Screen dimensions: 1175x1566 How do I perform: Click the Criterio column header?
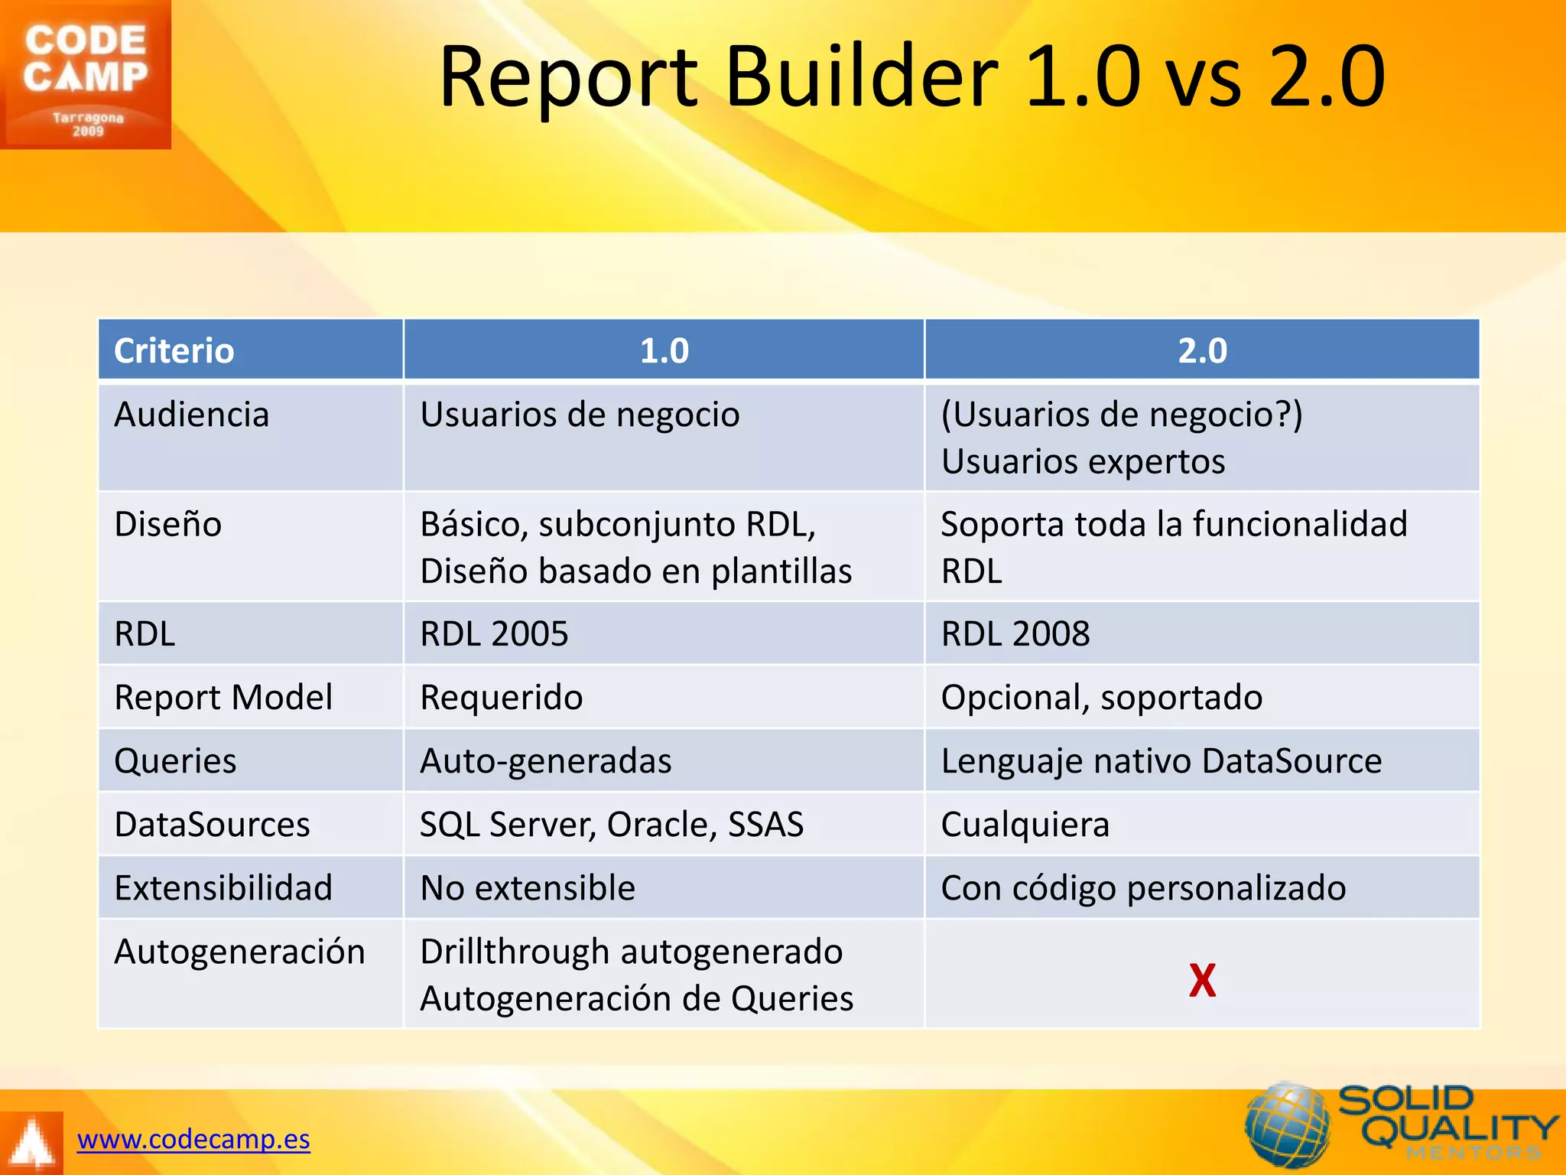click(174, 351)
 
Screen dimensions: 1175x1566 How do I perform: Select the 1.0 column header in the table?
click(664, 351)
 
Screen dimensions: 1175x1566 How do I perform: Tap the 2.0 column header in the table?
click(1202, 351)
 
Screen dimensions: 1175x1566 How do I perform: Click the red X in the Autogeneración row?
click(1202, 981)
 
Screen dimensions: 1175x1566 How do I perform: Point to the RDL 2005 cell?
click(494, 634)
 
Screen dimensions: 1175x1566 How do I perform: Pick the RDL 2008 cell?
click(1015, 634)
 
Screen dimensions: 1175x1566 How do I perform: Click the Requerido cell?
click(502, 698)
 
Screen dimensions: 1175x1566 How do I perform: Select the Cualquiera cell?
click(1025, 825)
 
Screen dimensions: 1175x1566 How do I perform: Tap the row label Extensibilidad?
click(223, 888)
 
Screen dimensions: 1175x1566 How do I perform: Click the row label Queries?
click(175, 761)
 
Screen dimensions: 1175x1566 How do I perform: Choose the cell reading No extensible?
click(528, 888)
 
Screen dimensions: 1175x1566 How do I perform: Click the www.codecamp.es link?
click(193, 1139)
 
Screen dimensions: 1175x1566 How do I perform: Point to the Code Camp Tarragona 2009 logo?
click(86, 75)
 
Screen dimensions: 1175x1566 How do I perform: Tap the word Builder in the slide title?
click(861, 76)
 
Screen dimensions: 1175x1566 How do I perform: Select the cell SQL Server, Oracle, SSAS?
click(612, 825)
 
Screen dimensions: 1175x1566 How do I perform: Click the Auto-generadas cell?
click(546, 761)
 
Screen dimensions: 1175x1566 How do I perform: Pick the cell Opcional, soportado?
click(1101, 698)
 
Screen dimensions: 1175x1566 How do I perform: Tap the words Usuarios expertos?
click(1083, 462)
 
